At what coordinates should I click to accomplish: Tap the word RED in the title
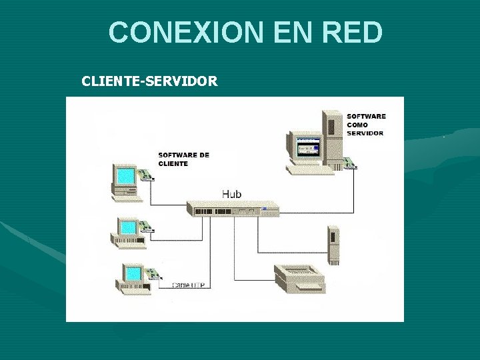click(x=351, y=32)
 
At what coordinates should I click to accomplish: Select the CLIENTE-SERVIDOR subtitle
click(x=149, y=81)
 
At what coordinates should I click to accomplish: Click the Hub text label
click(x=231, y=194)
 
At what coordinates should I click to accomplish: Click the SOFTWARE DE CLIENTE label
click(x=183, y=159)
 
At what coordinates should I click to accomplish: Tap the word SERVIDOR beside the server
click(x=365, y=133)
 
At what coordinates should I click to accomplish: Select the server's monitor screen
click(x=307, y=147)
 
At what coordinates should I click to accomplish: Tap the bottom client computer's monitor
click(x=133, y=273)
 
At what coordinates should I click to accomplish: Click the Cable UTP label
click(x=189, y=285)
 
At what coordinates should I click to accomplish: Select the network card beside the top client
click(x=147, y=175)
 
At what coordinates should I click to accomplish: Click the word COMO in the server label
click(x=357, y=125)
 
